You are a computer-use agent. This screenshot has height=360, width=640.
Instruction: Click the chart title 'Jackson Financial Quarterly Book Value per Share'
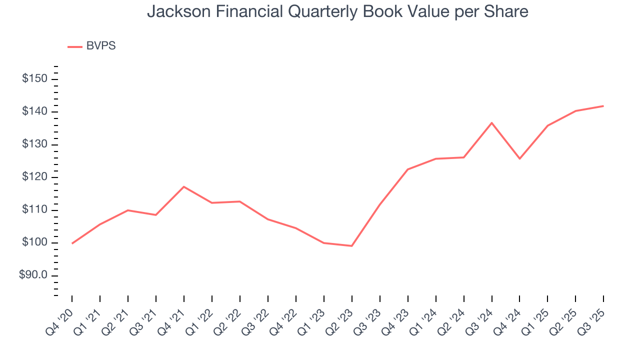point(337,11)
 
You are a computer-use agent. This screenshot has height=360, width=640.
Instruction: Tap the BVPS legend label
point(100,46)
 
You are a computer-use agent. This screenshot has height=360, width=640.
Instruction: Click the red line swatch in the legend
point(75,46)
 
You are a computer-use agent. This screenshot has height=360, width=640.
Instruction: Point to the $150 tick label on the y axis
point(34,79)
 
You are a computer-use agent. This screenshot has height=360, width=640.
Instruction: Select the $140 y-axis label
point(34,111)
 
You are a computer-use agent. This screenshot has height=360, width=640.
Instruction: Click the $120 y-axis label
point(34,177)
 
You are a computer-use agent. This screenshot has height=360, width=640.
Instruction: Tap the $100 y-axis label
point(34,242)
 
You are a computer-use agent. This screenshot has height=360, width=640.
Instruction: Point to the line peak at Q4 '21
point(184,186)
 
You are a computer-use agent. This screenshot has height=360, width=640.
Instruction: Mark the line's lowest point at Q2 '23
point(352,246)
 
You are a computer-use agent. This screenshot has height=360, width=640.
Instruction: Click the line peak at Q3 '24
point(492,122)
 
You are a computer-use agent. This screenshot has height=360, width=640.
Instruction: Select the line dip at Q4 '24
point(520,158)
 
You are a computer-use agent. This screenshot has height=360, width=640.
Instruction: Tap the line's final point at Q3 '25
point(603,106)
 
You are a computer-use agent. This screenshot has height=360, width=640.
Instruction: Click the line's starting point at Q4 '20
point(72,243)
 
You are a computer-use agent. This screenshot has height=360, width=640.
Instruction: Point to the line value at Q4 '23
point(408,169)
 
